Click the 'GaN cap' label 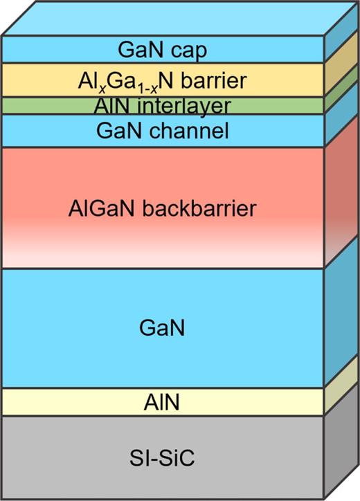(x=163, y=50)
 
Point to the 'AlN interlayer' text (x=163, y=105)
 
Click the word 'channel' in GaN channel (x=194, y=130)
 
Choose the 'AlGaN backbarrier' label (x=163, y=208)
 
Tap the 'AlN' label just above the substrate (x=163, y=402)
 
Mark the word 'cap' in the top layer (x=193, y=50)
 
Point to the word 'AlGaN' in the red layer (x=96, y=208)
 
